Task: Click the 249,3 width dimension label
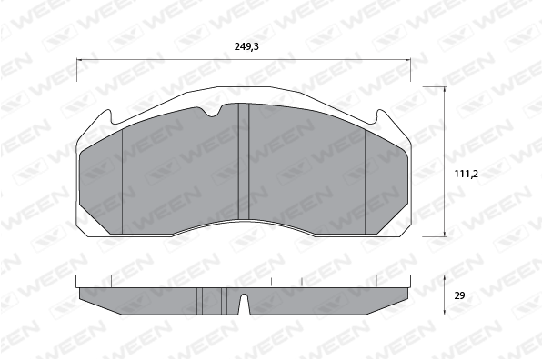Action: click(246, 46)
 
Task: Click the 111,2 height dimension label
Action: click(466, 175)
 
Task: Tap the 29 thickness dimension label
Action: click(460, 295)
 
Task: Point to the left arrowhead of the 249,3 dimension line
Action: click(79, 59)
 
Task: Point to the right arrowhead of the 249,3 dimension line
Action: click(408, 59)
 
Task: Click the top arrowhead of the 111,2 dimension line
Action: click(445, 89)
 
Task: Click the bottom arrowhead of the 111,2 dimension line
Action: click(445, 234)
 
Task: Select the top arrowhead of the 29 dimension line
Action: click(445, 278)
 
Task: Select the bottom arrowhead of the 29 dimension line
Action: click(445, 312)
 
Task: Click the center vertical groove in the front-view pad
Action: click(244, 161)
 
